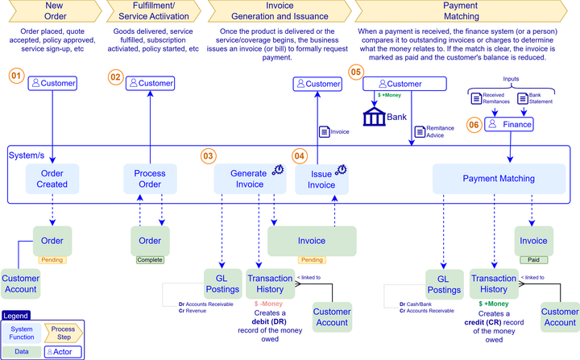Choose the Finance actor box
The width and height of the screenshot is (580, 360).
point(510,124)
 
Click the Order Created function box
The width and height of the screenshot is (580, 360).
point(53,179)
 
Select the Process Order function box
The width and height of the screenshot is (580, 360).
point(150,179)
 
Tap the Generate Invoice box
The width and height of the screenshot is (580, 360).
point(247,179)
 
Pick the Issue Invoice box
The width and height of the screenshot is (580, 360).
point(321,179)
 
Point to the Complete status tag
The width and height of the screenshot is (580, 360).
point(150,260)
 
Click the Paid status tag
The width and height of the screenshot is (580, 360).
point(534,260)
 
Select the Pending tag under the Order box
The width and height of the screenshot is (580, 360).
point(53,260)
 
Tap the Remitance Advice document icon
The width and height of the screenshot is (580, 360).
point(419,131)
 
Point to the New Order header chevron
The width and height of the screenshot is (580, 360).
point(53,10)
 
